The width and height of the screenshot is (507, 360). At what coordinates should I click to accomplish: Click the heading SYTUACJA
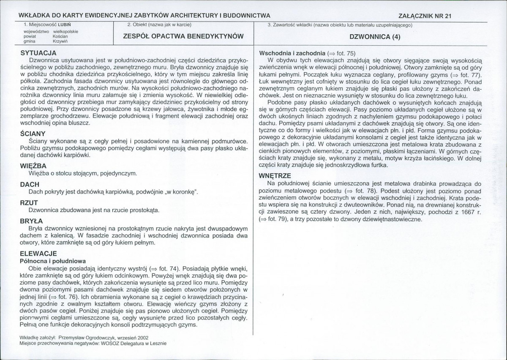point(38,53)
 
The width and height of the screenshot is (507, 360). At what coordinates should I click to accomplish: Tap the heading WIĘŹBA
point(33,166)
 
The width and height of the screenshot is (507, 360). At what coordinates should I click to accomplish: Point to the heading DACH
point(30,184)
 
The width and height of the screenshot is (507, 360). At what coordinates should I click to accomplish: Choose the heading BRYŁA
point(32,221)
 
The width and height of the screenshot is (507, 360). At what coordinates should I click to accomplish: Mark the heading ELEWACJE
point(38,254)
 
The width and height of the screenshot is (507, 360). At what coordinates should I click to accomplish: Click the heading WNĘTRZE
point(275,176)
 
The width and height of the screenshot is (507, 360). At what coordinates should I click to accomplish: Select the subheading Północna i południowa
point(53,261)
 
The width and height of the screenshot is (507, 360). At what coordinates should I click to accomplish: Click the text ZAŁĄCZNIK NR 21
point(425,16)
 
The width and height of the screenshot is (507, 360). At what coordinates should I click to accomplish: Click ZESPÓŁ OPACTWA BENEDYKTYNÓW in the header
point(183,36)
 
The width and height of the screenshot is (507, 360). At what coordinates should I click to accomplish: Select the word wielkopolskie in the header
point(65,31)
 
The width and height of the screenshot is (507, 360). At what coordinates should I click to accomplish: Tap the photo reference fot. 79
point(275,220)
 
